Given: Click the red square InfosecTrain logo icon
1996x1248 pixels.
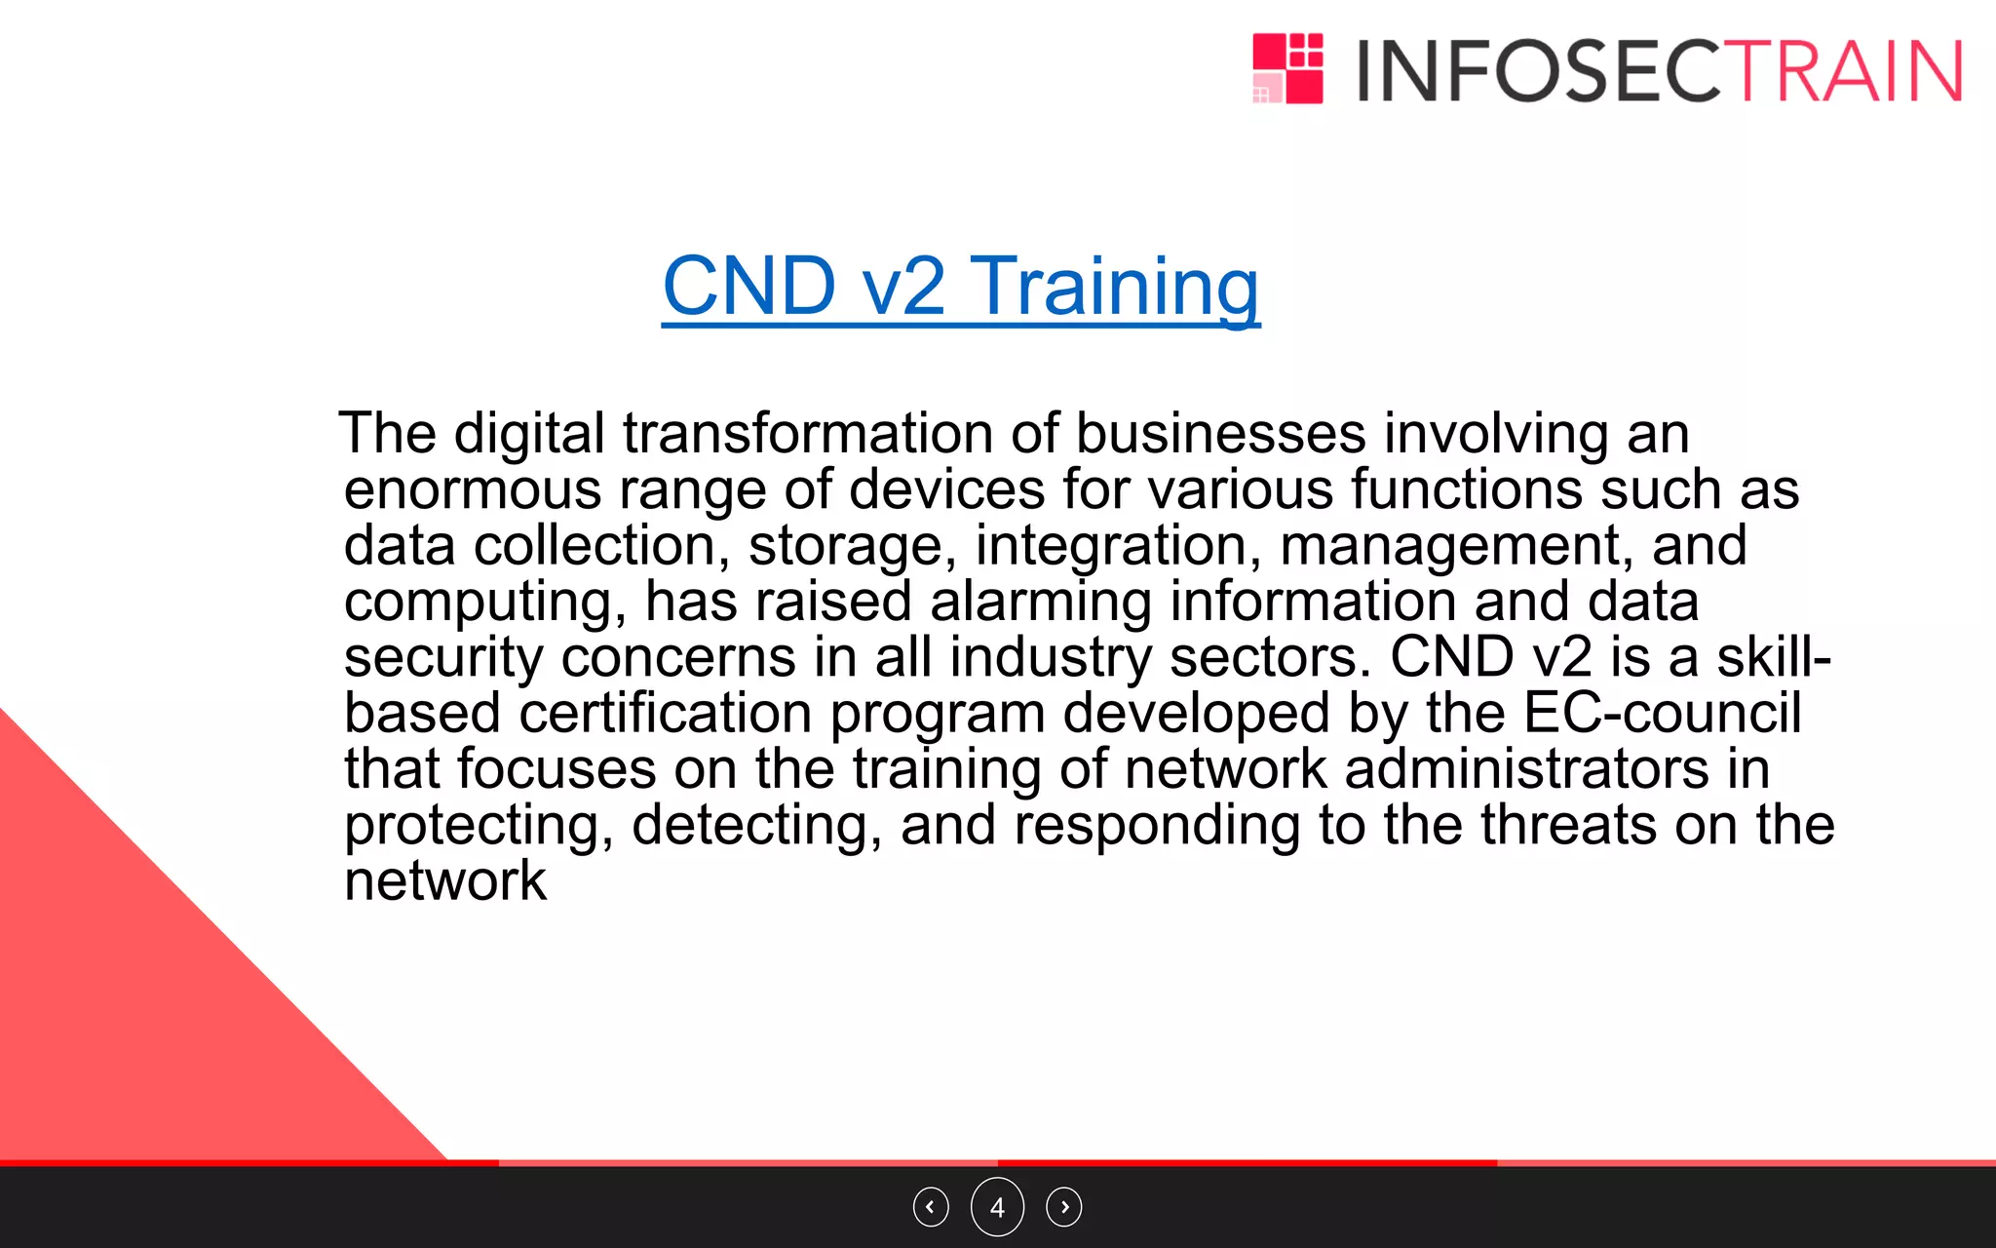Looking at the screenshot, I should pyautogui.click(x=1287, y=68).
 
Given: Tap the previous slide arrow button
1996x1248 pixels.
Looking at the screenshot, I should pyautogui.click(x=931, y=1207).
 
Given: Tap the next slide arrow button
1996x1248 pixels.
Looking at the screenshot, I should pyautogui.click(x=1063, y=1207).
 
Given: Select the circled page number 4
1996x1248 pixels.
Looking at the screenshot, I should pyautogui.click(x=997, y=1207).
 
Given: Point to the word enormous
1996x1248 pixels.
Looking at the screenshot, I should pyautogui.click(x=472, y=489).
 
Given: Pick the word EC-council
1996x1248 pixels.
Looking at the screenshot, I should pyautogui.click(x=1662, y=714).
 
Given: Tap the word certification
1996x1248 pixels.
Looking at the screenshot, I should pyautogui.click(x=665, y=714).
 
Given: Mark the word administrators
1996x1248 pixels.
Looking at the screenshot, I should pyautogui.click(x=1526, y=769).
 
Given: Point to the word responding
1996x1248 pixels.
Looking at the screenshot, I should pyautogui.click(x=1157, y=826).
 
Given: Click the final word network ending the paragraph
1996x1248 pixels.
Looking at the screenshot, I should pyautogui.click(x=444, y=881).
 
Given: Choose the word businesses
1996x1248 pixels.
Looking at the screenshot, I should pyautogui.click(x=1220, y=433).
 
